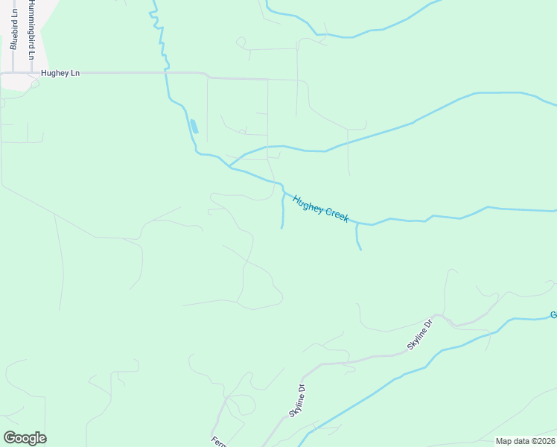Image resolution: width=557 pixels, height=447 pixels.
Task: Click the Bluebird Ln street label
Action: click(x=14, y=30)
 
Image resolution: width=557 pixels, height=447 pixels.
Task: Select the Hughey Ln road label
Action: click(x=60, y=73)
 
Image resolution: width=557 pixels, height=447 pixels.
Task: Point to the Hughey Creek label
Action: click(x=321, y=208)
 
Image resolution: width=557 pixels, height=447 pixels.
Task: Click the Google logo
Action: click(x=25, y=438)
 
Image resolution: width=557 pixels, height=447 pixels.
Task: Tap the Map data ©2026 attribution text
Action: click(x=524, y=441)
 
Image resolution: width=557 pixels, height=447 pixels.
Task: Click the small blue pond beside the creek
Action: click(x=194, y=126)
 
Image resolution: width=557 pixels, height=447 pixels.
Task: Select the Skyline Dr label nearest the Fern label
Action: click(x=296, y=401)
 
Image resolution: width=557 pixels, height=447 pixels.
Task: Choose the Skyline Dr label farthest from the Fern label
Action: click(x=420, y=335)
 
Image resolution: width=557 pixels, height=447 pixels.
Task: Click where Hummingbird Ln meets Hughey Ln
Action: click(x=32, y=73)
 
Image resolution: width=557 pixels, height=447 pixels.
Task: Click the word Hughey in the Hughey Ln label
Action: click(x=55, y=73)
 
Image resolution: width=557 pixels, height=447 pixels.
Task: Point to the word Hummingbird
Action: click(x=32, y=22)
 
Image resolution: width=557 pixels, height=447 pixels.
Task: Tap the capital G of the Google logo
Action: click(x=10, y=438)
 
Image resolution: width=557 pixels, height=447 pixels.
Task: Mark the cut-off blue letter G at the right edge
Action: click(x=553, y=315)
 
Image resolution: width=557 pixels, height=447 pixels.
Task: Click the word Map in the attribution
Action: click(x=504, y=441)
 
